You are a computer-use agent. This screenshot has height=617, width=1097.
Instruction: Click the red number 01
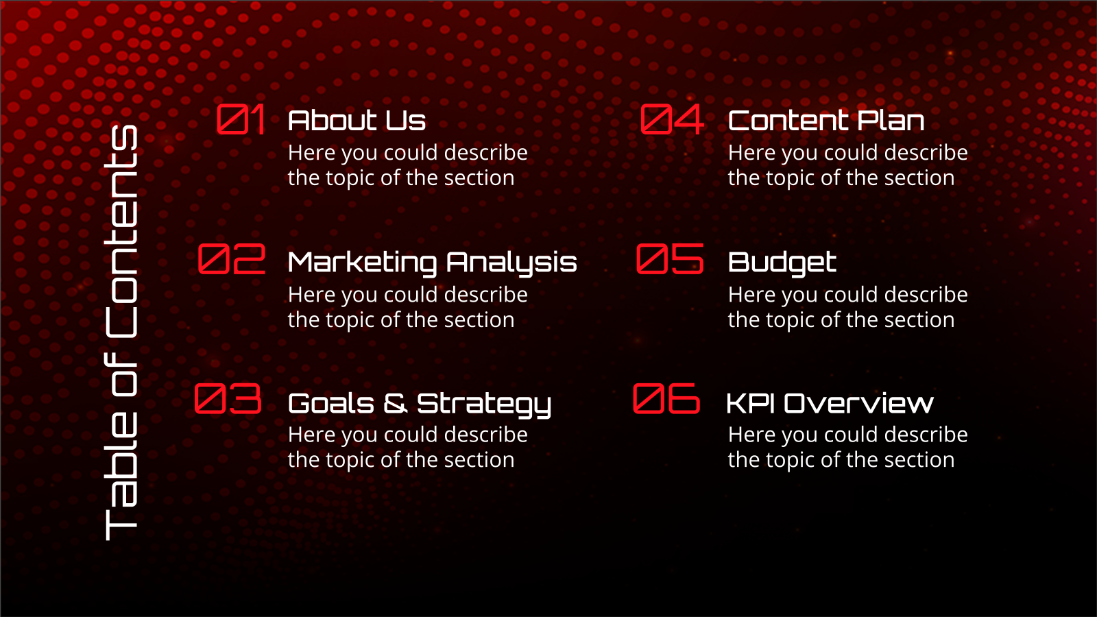pyautogui.click(x=241, y=119)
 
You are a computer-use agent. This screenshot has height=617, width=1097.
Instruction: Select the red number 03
pyautogui.click(x=228, y=398)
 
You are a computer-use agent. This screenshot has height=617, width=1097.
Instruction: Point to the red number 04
pyautogui.click(x=673, y=119)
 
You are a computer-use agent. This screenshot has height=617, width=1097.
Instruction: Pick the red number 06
pyautogui.click(x=666, y=398)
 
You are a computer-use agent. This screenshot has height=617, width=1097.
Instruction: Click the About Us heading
pyautogui.click(x=357, y=121)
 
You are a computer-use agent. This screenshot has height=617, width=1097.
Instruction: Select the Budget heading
pyautogui.click(x=782, y=263)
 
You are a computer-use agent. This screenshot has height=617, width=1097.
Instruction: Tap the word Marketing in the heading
pyautogui.click(x=363, y=263)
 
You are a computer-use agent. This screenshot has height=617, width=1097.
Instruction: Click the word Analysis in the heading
pyautogui.click(x=511, y=263)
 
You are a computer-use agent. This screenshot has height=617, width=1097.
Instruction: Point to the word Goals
pyautogui.click(x=331, y=404)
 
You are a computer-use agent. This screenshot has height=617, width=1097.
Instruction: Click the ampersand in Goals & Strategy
pyautogui.click(x=395, y=404)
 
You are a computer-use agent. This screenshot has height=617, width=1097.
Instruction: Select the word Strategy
pyautogui.click(x=484, y=405)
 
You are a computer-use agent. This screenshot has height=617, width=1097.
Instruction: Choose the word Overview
pyautogui.click(x=858, y=404)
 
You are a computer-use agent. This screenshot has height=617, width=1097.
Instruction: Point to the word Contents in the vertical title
pyautogui.click(x=121, y=232)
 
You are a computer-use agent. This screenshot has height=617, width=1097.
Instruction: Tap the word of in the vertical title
pyautogui.click(x=121, y=374)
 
